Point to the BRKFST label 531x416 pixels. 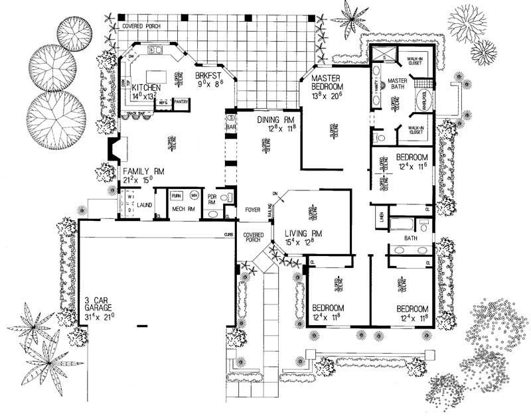coord(208,77)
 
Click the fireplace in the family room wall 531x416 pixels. coord(114,151)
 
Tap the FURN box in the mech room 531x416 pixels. coord(177,196)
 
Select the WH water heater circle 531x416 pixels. coord(195,196)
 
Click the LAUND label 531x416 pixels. coord(145,205)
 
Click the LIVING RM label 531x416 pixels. coord(303,233)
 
